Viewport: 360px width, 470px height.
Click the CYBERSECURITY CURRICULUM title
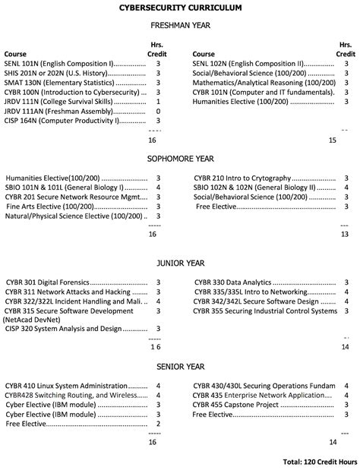tap(180, 8)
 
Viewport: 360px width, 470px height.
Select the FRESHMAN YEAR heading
tap(180, 25)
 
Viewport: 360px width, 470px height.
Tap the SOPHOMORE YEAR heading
tap(180, 159)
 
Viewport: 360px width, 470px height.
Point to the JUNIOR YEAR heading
tap(180, 263)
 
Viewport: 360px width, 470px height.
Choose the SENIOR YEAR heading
tap(180, 366)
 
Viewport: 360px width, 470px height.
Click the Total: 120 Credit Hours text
tap(319, 461)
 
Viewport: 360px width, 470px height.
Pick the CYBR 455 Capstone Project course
tap(232, 405)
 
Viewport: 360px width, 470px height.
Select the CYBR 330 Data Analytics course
tap(232, 282)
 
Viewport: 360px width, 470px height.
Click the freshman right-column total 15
tap(332, 140)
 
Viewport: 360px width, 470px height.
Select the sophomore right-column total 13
tap(345, 234)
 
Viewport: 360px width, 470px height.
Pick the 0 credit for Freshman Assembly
tap(157, 111)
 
